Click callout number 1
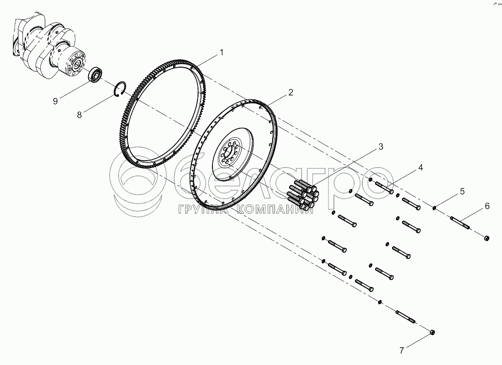pos(222,52)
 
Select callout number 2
pos(291,92)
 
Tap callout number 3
pos(381,147)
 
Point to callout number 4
pos(420,168)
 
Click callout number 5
pos(462,191)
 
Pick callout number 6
pos(487,206)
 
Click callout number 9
pos(56,101)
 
